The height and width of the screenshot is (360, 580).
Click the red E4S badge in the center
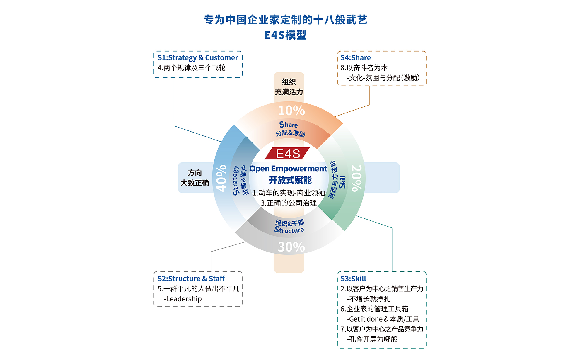point(287,153)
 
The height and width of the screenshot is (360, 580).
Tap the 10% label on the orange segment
point(291,111)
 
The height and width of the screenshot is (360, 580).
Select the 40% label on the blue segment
point(221,178)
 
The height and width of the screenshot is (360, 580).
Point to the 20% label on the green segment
point(356,178)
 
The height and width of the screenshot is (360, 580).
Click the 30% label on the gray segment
point(291,247)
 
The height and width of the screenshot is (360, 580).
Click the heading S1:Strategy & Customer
point(198,58)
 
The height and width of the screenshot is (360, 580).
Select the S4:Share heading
point(356,58)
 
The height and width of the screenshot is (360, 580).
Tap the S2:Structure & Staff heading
point(191,279)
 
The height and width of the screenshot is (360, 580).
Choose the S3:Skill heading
point(353,279)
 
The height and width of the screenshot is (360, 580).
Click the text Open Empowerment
point(288,169)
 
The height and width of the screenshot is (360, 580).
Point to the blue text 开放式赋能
point(290,180)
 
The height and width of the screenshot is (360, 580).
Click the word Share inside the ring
point(289,125)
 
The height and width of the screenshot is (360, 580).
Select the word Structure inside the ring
point(289,230)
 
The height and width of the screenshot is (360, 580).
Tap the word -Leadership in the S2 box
point(183,299)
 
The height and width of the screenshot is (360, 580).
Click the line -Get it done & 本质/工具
point(383,319)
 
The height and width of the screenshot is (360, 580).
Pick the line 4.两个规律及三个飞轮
point(192,68)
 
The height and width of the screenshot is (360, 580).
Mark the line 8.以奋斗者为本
point(364,68)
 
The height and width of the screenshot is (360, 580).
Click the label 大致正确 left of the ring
point(195,183)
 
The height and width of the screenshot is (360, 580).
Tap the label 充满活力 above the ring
point(289,92)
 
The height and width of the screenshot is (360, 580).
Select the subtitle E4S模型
point(286,35)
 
